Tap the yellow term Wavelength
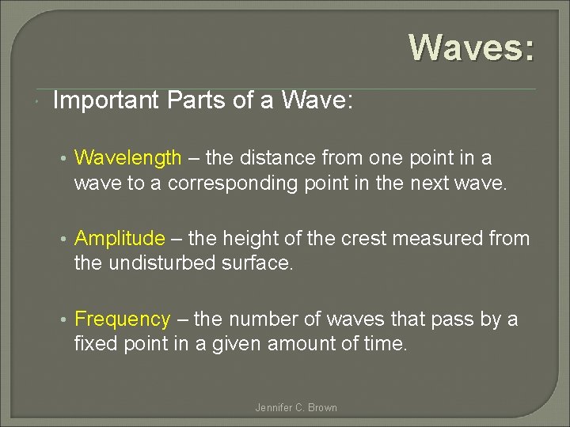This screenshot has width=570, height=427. click(x=127, y=158)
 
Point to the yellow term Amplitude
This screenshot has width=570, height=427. click(x=120, y=239)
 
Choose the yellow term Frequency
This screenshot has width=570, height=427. click(x=122, y=319)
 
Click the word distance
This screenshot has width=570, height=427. click(x=272, y=158)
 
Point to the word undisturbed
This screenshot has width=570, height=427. click(x=154, y=264)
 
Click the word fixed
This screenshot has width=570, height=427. click(x=93, y=345)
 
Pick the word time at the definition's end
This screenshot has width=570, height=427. click(x=386, y=345)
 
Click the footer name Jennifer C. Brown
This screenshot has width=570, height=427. click(x=296, y=408)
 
